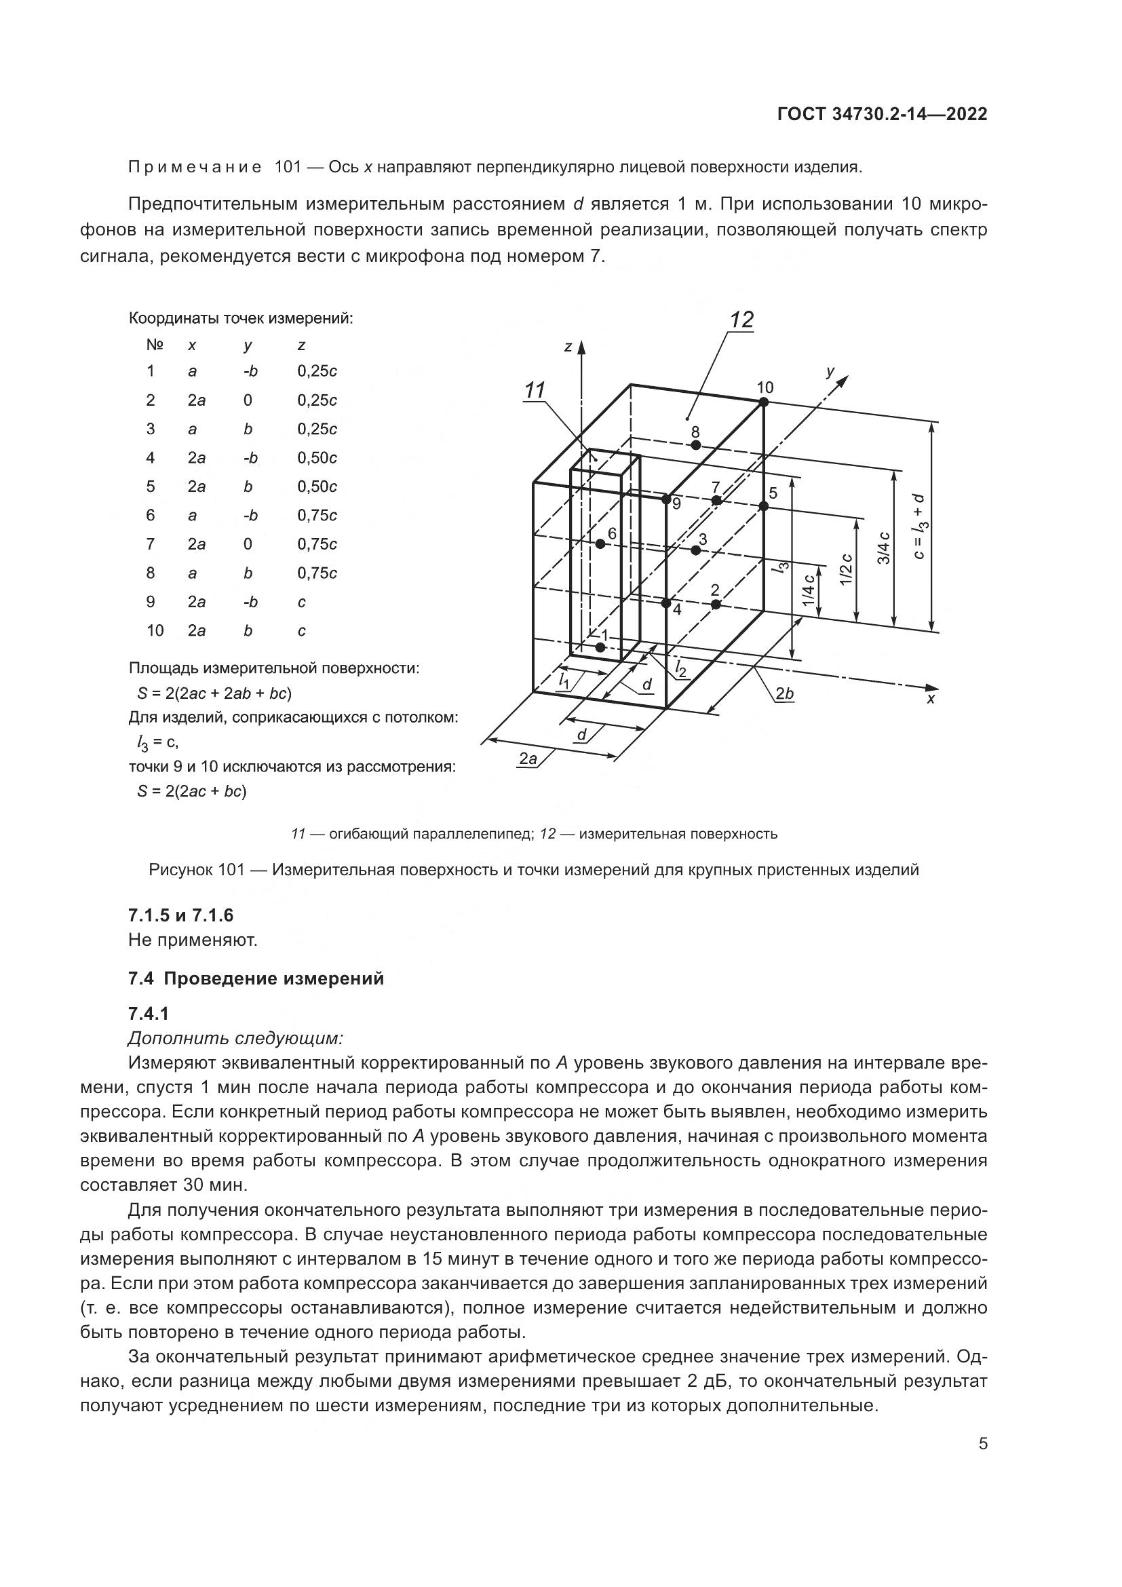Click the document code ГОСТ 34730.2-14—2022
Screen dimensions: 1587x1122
click(883, 115)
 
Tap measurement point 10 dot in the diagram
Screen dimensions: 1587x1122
click(763, 402)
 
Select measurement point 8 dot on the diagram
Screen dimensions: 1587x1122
click(696, 445)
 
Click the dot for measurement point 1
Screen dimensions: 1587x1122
click(600, 647)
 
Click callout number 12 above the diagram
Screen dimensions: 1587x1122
click(741, 320)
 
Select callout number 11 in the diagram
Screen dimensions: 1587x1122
click(535, 391)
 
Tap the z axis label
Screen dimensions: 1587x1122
click(567, 347)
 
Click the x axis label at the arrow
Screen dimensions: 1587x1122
click(931, 700)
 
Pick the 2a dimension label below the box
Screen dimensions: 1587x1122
click(528, 759)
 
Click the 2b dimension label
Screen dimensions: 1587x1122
click(784, 693)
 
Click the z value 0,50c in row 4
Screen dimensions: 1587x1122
click(317, 457)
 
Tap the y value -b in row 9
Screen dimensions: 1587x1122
click(250, 602)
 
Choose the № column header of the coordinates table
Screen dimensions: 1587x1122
click(154, 344)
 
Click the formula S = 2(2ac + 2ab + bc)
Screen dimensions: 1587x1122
click(214, 693)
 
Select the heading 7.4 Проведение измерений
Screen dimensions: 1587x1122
click(256, 979)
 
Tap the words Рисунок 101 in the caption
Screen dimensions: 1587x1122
click(196, 871)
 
